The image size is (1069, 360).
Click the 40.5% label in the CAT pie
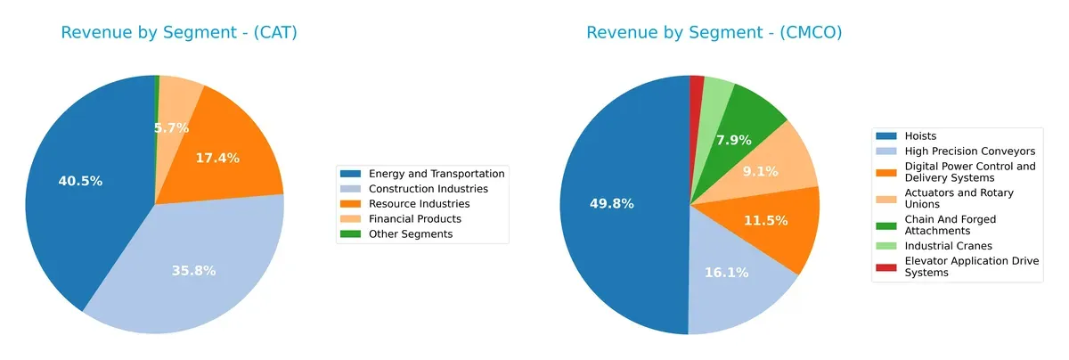coord(80,181)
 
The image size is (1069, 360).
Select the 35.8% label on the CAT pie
coord(194,271)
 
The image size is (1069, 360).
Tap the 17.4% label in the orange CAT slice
coord(217,158)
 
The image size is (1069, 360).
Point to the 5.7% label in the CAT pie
coord(171,128)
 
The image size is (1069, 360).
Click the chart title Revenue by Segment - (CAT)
coord(179,33)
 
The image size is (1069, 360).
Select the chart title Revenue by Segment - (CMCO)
coord(714,33)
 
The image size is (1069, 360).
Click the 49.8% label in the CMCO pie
coord(612,204)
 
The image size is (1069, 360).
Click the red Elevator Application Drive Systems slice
coord(696,83)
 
